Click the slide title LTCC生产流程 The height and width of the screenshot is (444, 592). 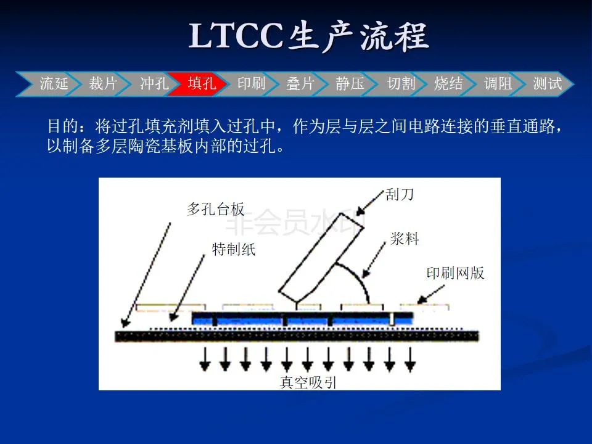click(x=308, y=36)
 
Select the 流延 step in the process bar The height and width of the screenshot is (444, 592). click(x=54, y=84)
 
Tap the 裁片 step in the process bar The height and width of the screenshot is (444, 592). click(x=103, y=84)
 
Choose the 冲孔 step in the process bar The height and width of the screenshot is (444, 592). click(x=154, y=84)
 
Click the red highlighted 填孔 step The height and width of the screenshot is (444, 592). click(x=202, y=84)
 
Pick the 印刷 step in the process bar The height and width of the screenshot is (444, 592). click(x=252, y=84)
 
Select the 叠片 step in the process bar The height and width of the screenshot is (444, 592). click(x=301, y=84)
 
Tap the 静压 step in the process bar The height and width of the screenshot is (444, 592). click(x=350, y=84)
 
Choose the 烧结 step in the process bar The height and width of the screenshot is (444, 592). click(x=449, y=84)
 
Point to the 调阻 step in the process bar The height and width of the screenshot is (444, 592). click(x=498, y=84)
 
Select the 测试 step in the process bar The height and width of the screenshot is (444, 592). click(x=548, y=84)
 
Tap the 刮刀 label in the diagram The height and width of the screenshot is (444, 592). click(x=400, y=195)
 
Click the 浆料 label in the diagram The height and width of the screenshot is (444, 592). click(x=405, y=239)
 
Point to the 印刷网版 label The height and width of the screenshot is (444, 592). click(x=456, y=273)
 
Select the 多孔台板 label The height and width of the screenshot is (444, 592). click(x=216, y=209)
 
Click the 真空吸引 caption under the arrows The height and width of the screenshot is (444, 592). click(x=308, y=382)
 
